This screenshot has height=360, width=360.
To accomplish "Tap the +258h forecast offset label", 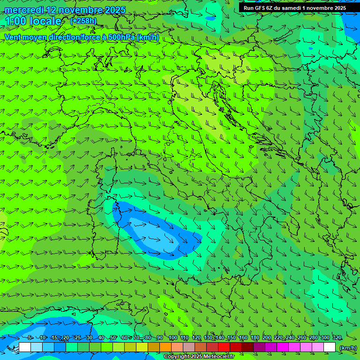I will click(x=83, y=21).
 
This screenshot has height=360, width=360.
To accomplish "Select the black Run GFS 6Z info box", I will click(x=295, y=8).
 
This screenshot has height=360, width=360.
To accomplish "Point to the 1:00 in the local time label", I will click(x=15, y=21).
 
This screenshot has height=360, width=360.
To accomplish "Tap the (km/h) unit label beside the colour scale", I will click(x=348, y=348).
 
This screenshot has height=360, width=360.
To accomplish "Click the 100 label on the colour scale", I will click(x=172, y=337).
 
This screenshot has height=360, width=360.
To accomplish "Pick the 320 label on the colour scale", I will click(x=337, y=337).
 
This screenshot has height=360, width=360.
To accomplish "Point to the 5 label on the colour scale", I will click(x=30, y=337).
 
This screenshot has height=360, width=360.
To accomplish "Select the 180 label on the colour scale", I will click(x=255, y=337).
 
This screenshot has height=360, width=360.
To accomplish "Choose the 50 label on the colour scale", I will click(x=113, y=337).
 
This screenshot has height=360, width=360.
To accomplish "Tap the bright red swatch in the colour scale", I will click(x=224, y=347).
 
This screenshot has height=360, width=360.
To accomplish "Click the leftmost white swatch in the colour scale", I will click(x=25, y=347).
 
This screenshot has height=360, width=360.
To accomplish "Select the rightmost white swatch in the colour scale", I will click(x=330, y=347).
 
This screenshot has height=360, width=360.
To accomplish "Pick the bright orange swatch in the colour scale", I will click(x=165, y=347).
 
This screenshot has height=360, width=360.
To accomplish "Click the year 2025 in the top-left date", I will click(x=115, y=10).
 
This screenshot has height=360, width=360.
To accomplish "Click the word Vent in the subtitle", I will click(x=13, y=37).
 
